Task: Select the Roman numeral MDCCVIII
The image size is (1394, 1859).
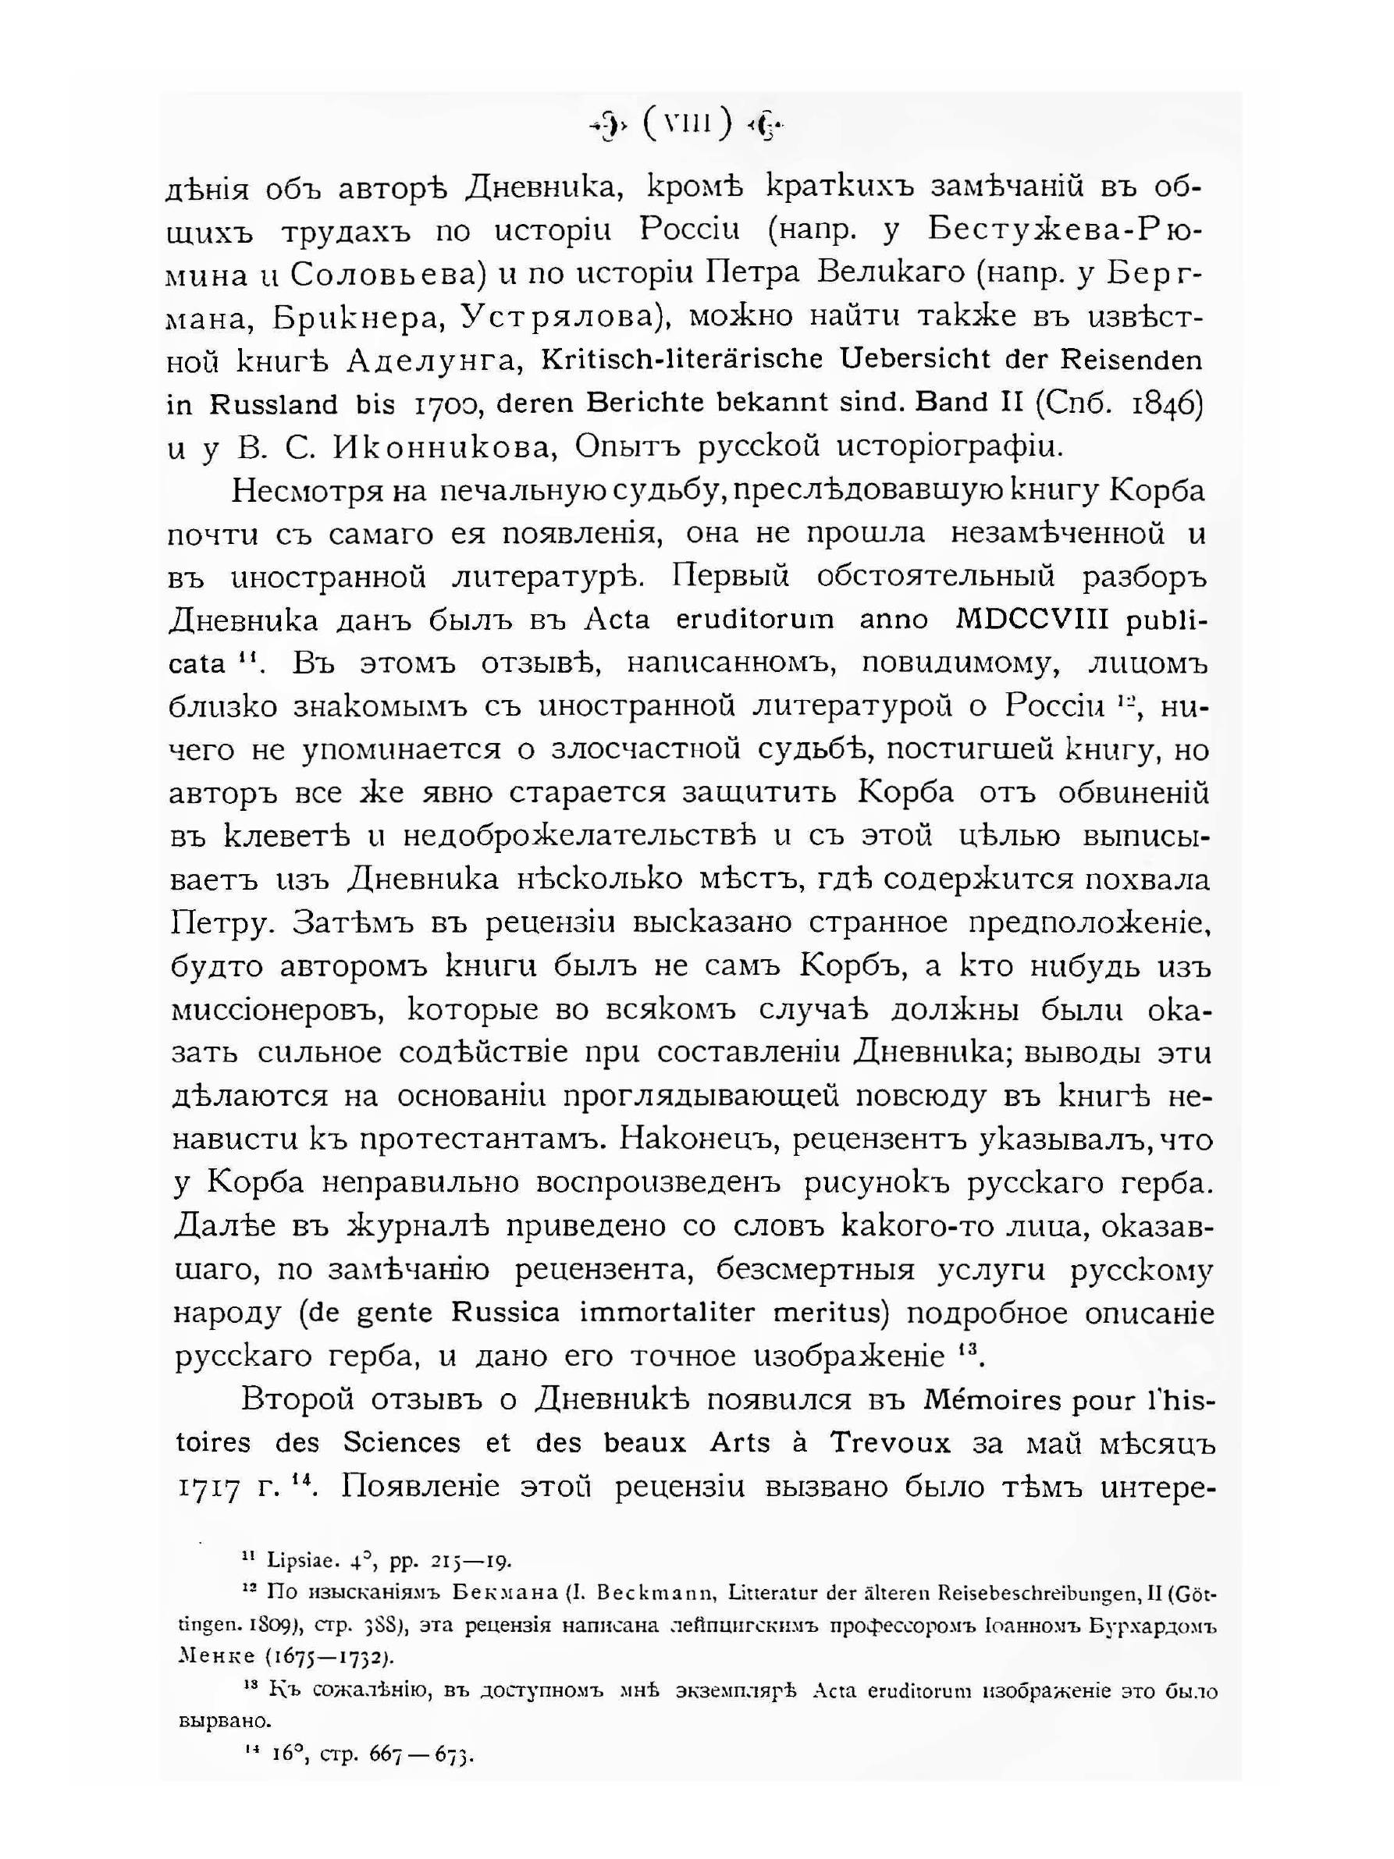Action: (x=1041, y=620)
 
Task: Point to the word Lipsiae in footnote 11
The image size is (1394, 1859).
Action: (x=303, y=1561)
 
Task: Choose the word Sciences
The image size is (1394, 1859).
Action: (x=402, y=1443)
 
